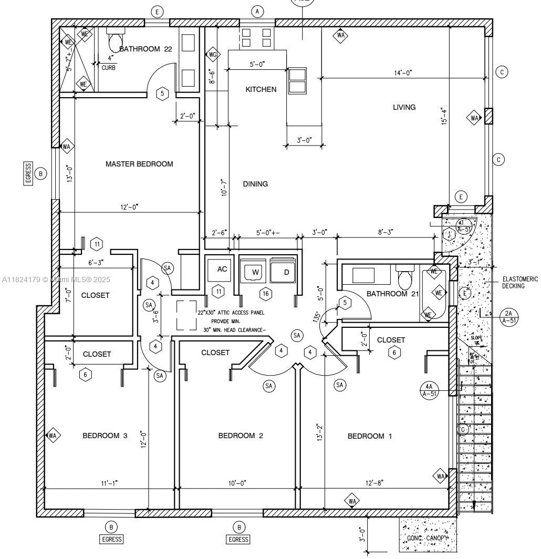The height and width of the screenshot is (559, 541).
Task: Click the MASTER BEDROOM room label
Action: [139, 164]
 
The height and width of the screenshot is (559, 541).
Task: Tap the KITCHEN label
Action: [261, 89]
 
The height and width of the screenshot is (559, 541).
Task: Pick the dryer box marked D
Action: [286, 272]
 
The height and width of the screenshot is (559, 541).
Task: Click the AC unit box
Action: [222, 269]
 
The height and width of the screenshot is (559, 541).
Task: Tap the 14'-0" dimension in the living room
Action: [403, 73]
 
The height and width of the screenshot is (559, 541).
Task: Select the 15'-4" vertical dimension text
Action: [445, 116]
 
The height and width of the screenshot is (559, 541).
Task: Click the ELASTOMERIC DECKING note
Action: [519, 283]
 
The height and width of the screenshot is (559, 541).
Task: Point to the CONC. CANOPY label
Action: [428, 538]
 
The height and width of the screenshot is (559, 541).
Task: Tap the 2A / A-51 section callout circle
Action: [508, 317]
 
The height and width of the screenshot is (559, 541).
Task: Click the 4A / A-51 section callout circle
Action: [429, 390]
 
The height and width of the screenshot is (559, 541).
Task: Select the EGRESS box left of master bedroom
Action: [28, 173]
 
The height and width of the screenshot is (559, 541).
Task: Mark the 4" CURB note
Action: [109, 63]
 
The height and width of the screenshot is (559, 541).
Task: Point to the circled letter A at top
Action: [257, 11]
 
